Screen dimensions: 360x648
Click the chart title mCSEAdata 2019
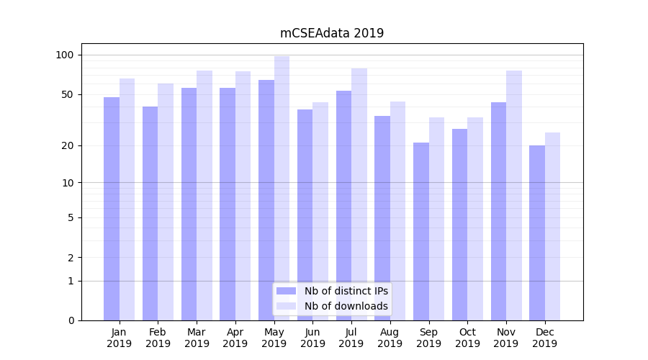click(x=332, y=33)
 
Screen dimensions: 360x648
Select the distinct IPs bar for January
click(x=112, y=209)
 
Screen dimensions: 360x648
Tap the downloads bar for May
click(x=282, y=188)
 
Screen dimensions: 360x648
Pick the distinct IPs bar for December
click(x=537, y=233)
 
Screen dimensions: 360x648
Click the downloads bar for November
click(x=514, y=195)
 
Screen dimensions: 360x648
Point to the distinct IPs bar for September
click(x=421, y=231)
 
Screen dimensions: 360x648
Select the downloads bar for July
click(x=359, y=194)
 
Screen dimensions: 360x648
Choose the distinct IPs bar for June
click(x=305, y=215)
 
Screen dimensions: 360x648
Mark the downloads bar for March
click(x=204, y=195)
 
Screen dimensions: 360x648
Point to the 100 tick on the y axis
click(x=65, y=55)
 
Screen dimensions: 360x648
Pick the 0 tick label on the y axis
click(x=71, y=320)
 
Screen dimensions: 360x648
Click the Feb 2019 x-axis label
click(x=158, y=338)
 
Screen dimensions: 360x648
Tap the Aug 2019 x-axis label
click(x=390, y=338)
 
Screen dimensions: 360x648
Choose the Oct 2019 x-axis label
click(x=467, y=338)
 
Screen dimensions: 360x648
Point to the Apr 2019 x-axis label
click(x=235, y=338)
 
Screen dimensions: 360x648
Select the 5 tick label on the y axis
click(x=71, y=217)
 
